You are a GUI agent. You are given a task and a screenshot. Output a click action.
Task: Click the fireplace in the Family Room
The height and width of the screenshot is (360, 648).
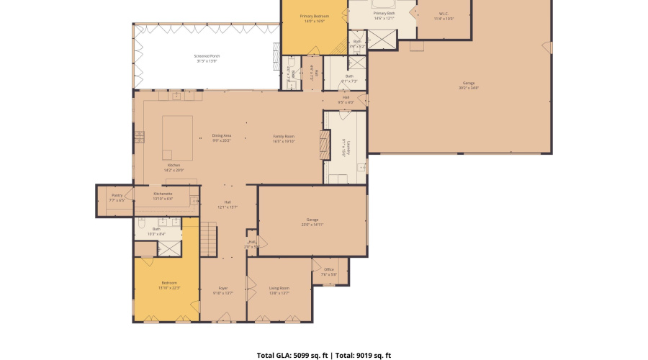click(325, 145)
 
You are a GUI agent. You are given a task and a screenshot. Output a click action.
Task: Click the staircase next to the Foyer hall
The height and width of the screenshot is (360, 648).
click(207, 239)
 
